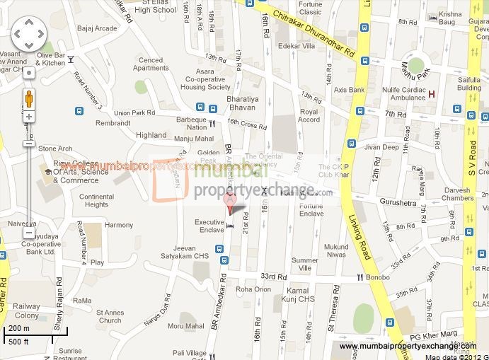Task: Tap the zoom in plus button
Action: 28,117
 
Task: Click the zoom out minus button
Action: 28,232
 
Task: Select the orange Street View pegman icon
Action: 28,97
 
